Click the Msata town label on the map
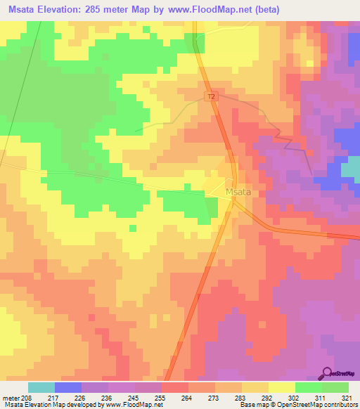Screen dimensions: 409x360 coord(238,191)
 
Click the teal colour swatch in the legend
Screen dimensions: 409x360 coord(41,387)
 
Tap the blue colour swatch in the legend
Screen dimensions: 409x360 coord(68,387)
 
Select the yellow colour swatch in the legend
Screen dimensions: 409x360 coord(281,387)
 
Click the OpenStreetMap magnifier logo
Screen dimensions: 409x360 coord(328,372)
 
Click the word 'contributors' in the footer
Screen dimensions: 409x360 coord(340,405)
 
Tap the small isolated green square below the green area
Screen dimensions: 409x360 coord(132,228)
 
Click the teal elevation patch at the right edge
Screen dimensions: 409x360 coord(350,167)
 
